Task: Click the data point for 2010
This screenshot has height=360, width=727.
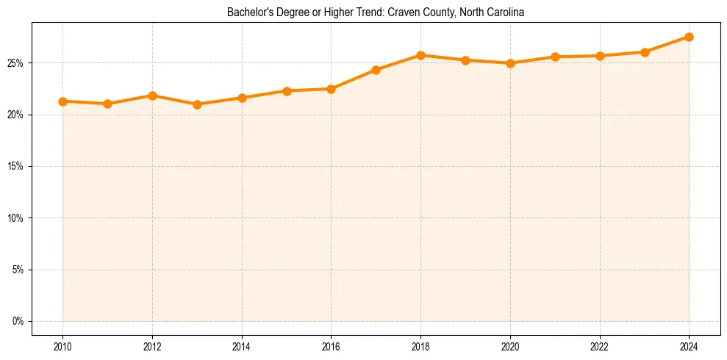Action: (x=62, y=101)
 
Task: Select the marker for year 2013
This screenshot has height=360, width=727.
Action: (x=197, y=104)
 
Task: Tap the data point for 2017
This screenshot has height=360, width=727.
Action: (x=376, y=70)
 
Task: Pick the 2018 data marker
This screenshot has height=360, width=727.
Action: (x=420, y=55)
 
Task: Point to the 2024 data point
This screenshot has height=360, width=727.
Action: (x=689, y=37)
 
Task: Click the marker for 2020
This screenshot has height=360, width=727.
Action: (x=510, y=63)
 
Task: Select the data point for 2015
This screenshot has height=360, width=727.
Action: (x=287, y=91)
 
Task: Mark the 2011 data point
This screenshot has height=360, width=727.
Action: (x=107, y=104)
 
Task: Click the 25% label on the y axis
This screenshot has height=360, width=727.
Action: (x=17, y=63)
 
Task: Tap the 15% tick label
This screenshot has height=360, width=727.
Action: (x=17, y=167)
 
